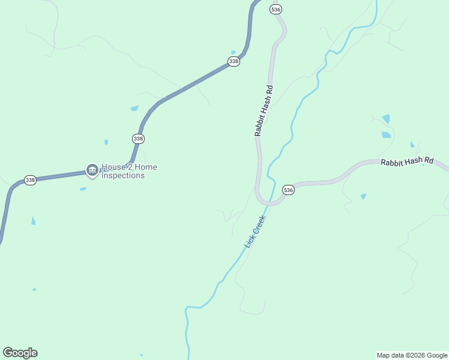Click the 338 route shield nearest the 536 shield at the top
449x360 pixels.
pos(234,62)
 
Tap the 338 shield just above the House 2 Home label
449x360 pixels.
pos(138,139)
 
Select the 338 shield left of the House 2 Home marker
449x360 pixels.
pos(30,180)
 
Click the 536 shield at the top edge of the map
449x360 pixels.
pos(276,10)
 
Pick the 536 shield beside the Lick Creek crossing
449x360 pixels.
pos(288,190)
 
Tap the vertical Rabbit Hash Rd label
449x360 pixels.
pos(264,111)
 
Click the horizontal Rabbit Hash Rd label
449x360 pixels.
pos(406,161)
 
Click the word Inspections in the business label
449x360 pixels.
pos(123,176)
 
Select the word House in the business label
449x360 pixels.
pos(112,167)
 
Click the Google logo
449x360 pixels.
pos(20,353)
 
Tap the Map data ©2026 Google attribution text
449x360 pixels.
pos(412,355)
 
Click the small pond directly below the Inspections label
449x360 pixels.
pos(83,189)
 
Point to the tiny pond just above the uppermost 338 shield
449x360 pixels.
pos(234,52)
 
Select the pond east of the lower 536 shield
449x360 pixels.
pos(363,196)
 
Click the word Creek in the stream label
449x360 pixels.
pos(259,225)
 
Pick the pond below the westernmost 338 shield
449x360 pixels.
pos(33,221)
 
